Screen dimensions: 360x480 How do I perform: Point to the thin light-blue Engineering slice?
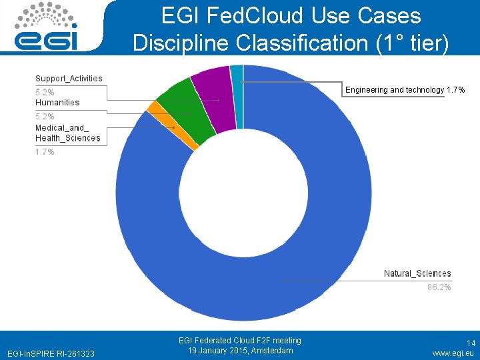click(x=237, y=93)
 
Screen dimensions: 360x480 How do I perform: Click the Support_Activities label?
click(x=69, y=79)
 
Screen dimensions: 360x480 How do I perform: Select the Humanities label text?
click(x=57, y=103)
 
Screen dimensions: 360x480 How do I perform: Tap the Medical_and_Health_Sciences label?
click(x=67, y=133)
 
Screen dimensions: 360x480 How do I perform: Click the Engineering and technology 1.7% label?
click(x=405, y=90)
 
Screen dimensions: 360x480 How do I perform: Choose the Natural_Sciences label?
click(x=417, y=274)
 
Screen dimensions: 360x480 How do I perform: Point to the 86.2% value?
click(x=439, y=287)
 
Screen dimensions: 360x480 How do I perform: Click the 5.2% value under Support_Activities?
click(x=45, y=92)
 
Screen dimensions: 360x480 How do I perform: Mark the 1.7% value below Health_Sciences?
click(x=45, y=152)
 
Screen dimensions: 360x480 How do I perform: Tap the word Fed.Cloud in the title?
click(x=253, y=15)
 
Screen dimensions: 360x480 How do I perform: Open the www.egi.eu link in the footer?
click(x=453, y=353)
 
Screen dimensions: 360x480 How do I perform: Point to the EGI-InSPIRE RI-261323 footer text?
click(x=51, y=353)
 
